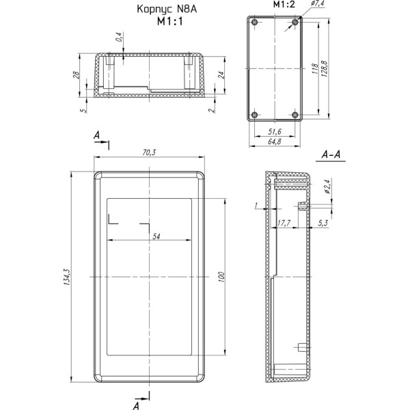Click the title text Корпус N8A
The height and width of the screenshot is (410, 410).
167,10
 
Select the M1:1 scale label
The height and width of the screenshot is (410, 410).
169,21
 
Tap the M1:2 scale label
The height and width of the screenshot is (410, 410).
284,5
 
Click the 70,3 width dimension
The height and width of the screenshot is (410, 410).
149,152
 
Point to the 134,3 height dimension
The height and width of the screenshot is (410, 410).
67,277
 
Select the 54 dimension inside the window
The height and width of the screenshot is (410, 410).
156,236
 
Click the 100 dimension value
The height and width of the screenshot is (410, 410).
221,277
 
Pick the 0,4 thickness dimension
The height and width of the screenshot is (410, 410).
119,37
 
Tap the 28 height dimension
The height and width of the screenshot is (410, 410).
76,75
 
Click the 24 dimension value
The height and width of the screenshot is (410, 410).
221,75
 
